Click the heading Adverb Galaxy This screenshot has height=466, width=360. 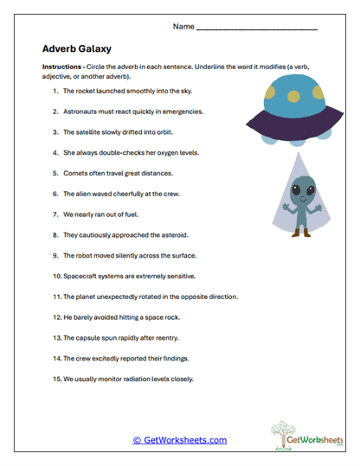[80, 49]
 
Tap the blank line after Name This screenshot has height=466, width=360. [257, 29]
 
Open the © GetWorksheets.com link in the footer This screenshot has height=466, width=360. [179, 440]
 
